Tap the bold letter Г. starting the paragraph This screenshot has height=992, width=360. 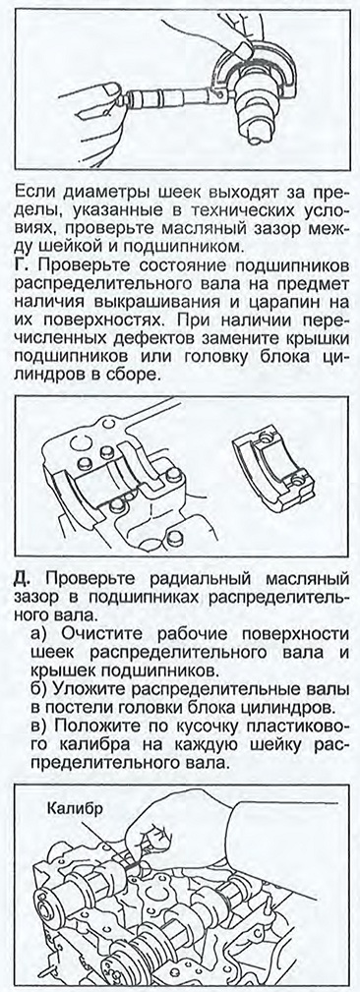point(19,260)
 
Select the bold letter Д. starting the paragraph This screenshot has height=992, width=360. point(21,578)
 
